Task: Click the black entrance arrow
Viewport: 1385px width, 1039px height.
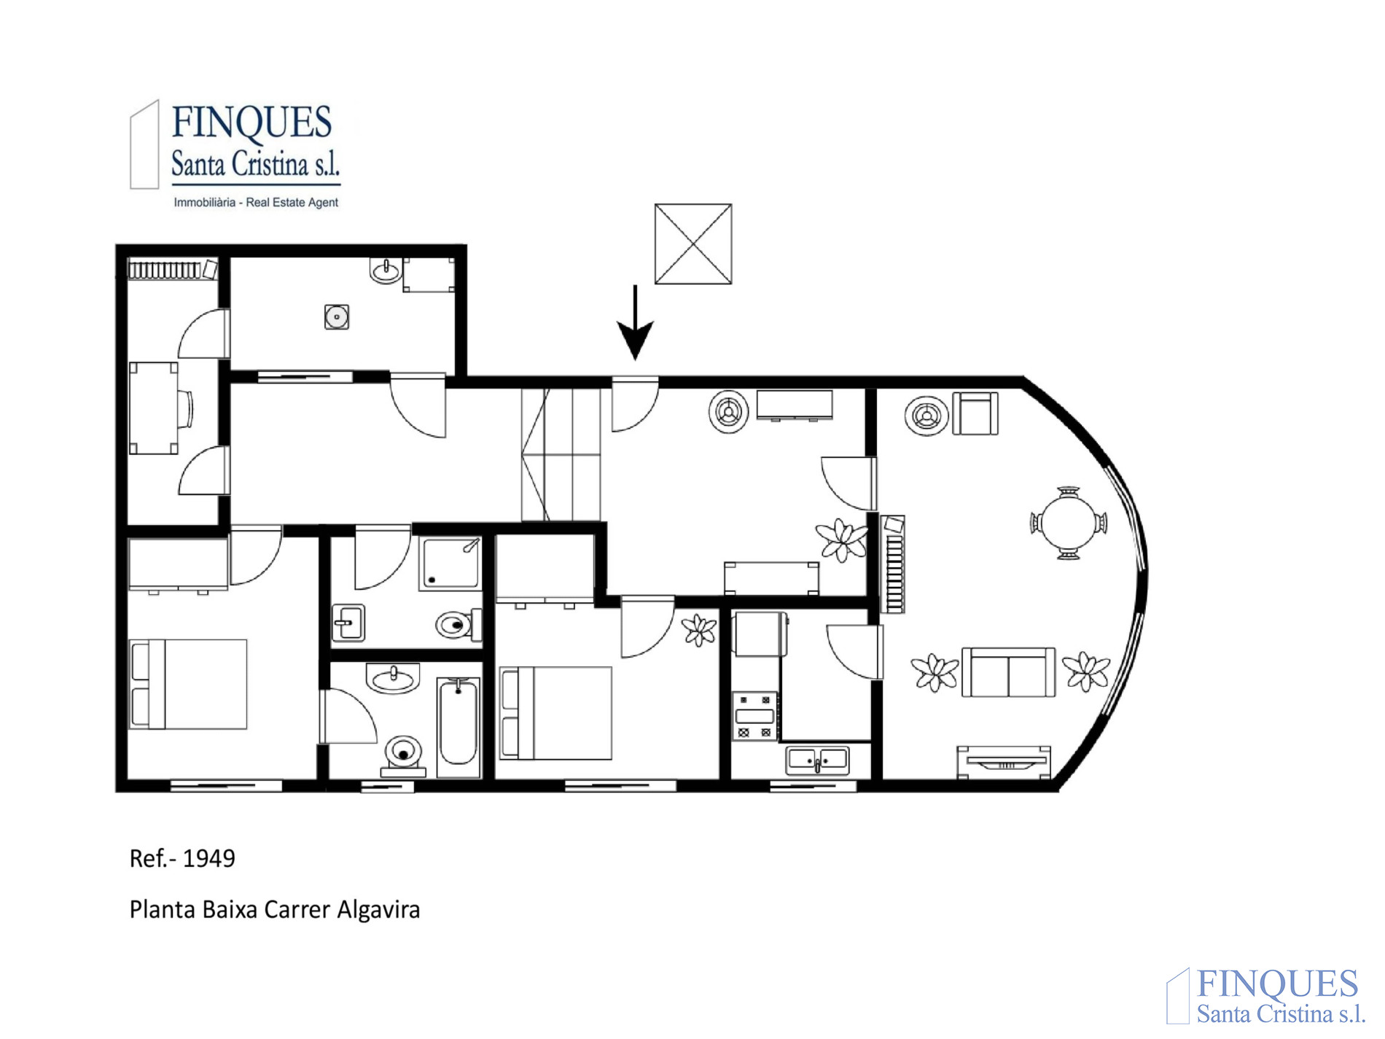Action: [635, 323]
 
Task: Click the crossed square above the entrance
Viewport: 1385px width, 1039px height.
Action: [693, 244]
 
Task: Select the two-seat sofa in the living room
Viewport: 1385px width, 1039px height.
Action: [1008, 672]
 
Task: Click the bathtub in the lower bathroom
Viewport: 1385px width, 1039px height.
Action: [459, 726]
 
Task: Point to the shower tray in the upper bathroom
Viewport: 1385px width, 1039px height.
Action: [450, 563]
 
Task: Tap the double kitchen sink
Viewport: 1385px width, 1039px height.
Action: [817, 760]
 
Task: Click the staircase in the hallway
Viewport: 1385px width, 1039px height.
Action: [561, 454]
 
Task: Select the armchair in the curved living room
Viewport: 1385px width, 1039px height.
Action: [975, 414]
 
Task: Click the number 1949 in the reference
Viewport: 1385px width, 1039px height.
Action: [208, 859]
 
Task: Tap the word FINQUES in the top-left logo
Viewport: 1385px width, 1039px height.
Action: [252, 122]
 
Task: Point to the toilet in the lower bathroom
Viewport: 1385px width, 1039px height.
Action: [403, 755]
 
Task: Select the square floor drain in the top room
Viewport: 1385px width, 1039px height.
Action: [336, 317]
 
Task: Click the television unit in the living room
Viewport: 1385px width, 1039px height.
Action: [1004, 763]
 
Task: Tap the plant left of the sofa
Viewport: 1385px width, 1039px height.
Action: [935, 672]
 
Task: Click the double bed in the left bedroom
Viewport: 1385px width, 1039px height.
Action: [188, 685]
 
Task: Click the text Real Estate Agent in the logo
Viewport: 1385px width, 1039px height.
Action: [292, 203]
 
